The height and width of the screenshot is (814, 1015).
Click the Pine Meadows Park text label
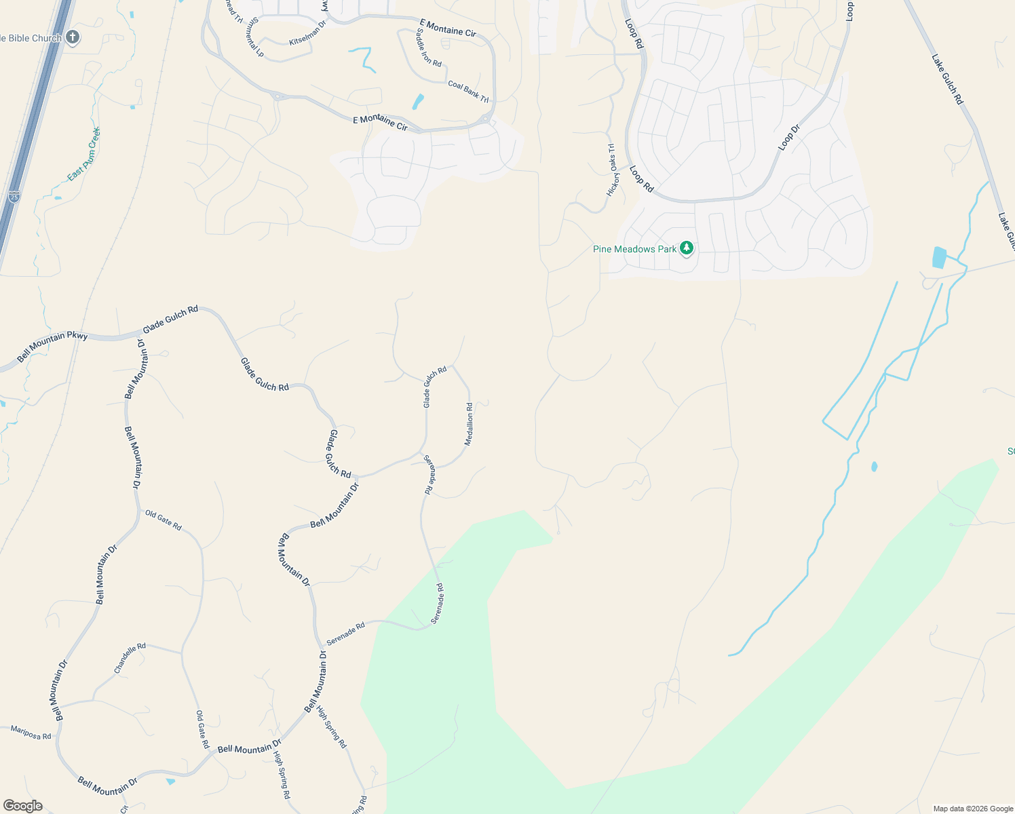(634, 249)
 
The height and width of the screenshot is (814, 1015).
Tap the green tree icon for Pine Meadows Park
(687, 248)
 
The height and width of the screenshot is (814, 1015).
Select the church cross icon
(73, 37)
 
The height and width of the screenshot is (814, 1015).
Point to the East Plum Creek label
(84, 154)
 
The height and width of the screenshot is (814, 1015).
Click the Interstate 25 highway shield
(14, 197)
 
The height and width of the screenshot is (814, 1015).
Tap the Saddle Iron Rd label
(429, 48)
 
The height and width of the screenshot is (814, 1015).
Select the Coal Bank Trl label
(468, 92)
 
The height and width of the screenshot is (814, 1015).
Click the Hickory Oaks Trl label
(612, 170)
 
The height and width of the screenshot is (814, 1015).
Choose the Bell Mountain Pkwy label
(52, 346)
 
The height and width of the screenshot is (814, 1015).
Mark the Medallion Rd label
(469, 424)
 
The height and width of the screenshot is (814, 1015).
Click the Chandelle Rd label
(130, 658)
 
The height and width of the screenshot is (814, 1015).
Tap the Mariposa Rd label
(31, 732)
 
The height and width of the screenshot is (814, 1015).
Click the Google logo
(22, 806)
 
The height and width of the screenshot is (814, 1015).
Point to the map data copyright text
(973, 809)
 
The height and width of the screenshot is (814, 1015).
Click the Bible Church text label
(31, 38)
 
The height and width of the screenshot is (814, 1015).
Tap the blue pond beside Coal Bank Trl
(417, 102)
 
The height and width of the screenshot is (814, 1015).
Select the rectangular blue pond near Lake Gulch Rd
(939, 257)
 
